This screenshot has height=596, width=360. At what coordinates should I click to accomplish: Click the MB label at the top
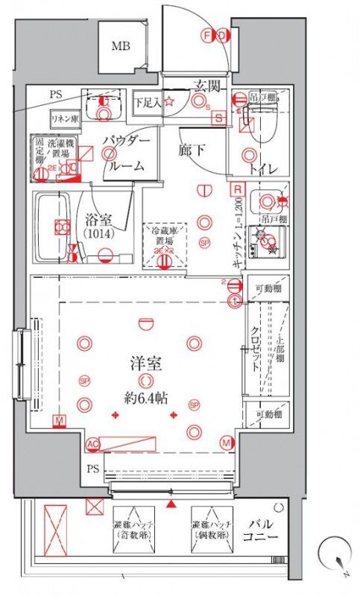tap(121, 46)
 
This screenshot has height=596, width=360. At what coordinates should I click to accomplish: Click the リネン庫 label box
tap(65, 118)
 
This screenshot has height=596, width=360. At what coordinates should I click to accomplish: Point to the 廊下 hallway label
tap(192, 150)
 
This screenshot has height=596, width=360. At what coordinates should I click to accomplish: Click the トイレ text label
tap(264, 169)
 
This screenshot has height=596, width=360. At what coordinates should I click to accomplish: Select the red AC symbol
tap(93, 444)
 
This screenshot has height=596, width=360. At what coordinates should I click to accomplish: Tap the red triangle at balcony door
tap(173, 504)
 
